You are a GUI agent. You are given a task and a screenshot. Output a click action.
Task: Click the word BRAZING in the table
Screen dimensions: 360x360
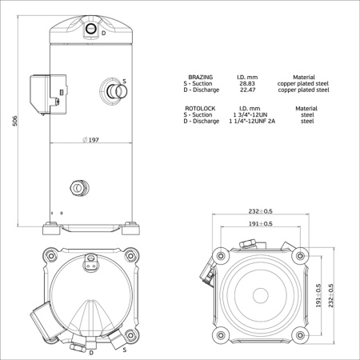tap(200, 77)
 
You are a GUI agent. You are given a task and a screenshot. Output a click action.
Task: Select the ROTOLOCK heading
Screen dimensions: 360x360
tap(200, 107)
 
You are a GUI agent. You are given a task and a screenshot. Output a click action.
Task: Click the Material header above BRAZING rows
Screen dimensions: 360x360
tap(304, 77)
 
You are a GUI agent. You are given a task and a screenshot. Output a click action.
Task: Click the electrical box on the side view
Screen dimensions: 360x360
tap(41, 89)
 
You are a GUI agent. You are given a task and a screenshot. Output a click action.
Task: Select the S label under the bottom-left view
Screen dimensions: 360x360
tap(125, 350)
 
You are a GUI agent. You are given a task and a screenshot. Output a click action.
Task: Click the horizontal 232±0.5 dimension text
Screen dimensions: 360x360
tap(261, 211)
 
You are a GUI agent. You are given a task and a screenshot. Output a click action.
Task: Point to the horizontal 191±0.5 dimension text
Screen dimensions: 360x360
tap(261, 224)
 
